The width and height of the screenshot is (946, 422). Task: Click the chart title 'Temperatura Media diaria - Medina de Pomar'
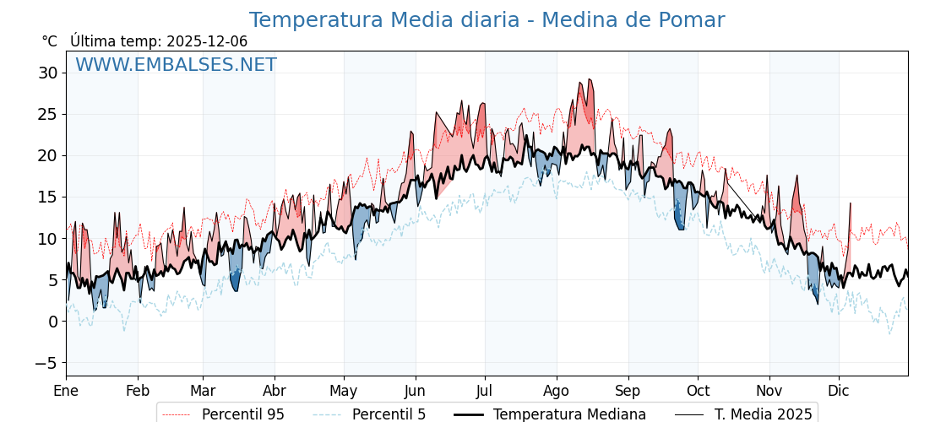coord(487,20)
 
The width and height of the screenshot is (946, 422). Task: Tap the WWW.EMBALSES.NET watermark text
coord(176,65)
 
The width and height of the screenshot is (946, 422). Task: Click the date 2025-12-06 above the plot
coord(207,41)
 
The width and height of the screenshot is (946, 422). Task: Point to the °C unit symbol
coord(49,41)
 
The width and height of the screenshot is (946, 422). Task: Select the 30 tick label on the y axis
coord(47,73)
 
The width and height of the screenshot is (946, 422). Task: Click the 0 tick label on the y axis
coord(52,322)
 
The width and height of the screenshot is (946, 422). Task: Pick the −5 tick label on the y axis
coord(47,363)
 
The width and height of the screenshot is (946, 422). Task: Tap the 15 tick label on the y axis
coord(47,197)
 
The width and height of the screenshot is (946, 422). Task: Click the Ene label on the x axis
coord(66,391)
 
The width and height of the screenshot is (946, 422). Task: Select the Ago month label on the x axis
coord(556,391)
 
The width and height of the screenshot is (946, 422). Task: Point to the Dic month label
coord(839,391)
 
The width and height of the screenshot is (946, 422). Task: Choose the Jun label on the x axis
coord(415,391)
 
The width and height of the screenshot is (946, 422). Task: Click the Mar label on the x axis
coord(203,391)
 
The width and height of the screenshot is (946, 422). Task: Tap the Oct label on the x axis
coord(698,391)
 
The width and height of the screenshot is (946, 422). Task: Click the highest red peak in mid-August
coord(590,81)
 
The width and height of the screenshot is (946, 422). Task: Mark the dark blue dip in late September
coord(679,221)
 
